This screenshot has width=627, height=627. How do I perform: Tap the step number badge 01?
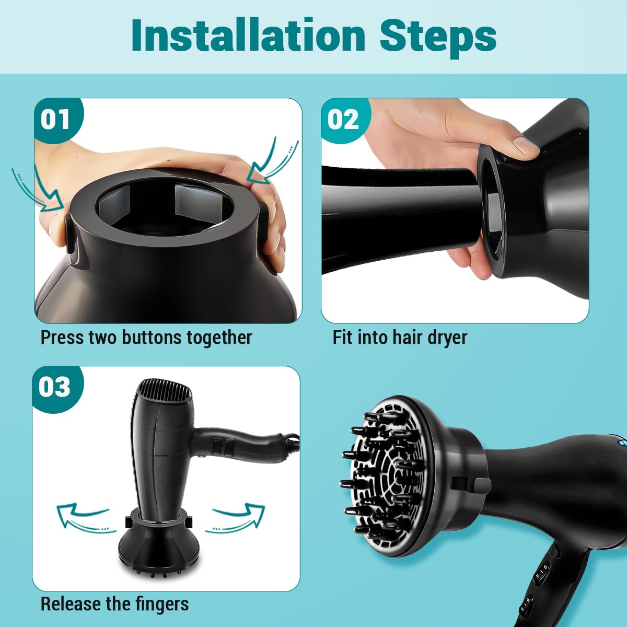tap(55, 120)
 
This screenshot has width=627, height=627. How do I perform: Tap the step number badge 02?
tap(343, 120)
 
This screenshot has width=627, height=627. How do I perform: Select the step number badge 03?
tap(54, 387)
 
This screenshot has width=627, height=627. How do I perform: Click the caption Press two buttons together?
tap(146, 338)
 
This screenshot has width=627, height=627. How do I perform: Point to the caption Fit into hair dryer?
tap(400, 338)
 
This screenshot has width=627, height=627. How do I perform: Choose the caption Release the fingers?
tap(114, 604)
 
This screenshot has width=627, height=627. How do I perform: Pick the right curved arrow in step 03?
tap(235, 517)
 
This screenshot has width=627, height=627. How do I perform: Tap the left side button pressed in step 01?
tap(69, 230)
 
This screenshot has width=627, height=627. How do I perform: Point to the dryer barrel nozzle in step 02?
tap(397, 219)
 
